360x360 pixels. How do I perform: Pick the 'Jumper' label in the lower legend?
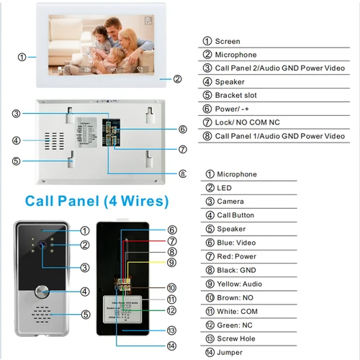coord(230,352)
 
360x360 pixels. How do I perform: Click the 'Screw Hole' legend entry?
coord(238,338)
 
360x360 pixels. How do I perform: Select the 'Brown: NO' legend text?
coord(237,297)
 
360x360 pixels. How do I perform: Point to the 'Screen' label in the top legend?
coord(228,41)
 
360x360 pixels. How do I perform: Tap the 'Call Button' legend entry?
coord(235,215)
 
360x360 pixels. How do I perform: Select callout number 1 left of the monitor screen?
coord(22,56)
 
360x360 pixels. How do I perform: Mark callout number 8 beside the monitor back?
coord(182,173)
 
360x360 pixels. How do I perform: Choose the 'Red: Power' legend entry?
coord(240,256)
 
